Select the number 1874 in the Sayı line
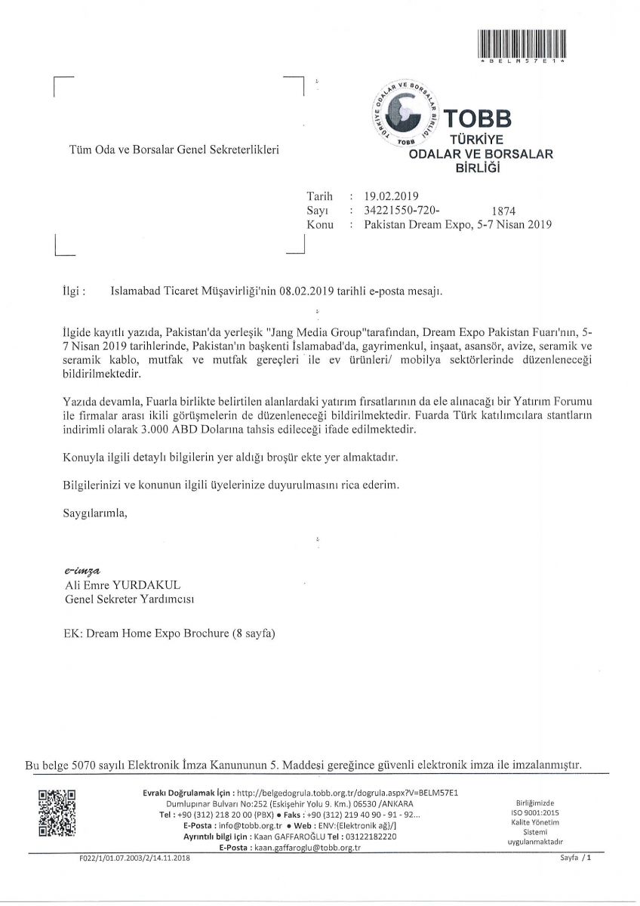[503, 211]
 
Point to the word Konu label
[320, 225]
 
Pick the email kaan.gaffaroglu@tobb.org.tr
[306, 848]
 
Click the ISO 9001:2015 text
[535, 812]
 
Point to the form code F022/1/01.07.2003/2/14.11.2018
[134, 859]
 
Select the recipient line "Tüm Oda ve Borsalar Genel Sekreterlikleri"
[174, 150]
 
